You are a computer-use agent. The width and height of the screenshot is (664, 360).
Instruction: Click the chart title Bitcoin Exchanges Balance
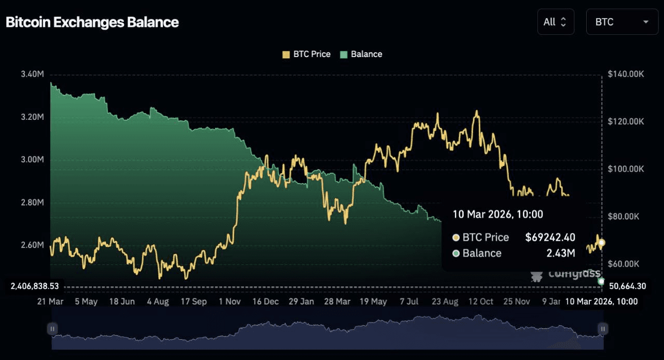pyautogui.click(x=92, y=22)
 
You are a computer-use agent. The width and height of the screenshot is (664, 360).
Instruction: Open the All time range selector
pyautogui.click(x=555, y=22)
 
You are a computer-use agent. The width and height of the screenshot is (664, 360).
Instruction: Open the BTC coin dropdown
pyautogui.click(x=622, y=22)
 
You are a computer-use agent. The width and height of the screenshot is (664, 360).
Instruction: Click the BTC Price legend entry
pyautogui.click(x=306, y=54)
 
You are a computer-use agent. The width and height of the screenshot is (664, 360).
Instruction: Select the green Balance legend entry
pyautogui.click(x=361, y=54)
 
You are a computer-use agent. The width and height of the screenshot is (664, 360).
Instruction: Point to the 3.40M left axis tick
pyautogui.click(x=32, y=74)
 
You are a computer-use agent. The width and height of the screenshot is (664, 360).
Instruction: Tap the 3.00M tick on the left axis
pyautogui.click(x=32, y=159)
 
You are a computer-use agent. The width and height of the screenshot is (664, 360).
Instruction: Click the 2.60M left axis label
pyautogui.click(x=32, y=244)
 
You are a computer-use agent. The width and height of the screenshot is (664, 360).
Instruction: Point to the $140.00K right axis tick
pyautogui.click(x=626, y=74)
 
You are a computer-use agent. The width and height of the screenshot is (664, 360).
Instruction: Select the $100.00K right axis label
pyautogui.click(x=626, y=169)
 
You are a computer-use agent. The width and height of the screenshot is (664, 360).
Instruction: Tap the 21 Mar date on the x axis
pyautogui.click(x=50, y=301)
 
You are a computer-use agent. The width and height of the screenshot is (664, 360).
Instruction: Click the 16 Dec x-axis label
pyautogui.click(x=265, y=301)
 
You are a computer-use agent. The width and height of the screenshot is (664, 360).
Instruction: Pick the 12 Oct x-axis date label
pyautogui.click(x=480, y=301)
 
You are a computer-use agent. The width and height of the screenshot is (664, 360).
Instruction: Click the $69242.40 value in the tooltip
pyautogui.click(x=550, y=237)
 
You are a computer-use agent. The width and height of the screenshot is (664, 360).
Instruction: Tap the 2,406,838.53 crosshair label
pyautogui.click(x=35, y=286)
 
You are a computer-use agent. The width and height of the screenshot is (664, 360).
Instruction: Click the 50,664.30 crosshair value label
pyautogui.click(x=627, y=286)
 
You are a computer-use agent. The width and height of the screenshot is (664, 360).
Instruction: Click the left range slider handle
pyautogui.click(x=52, y=328)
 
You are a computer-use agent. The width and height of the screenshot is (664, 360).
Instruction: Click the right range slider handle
pyautogui.click(x=602, y=328)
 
